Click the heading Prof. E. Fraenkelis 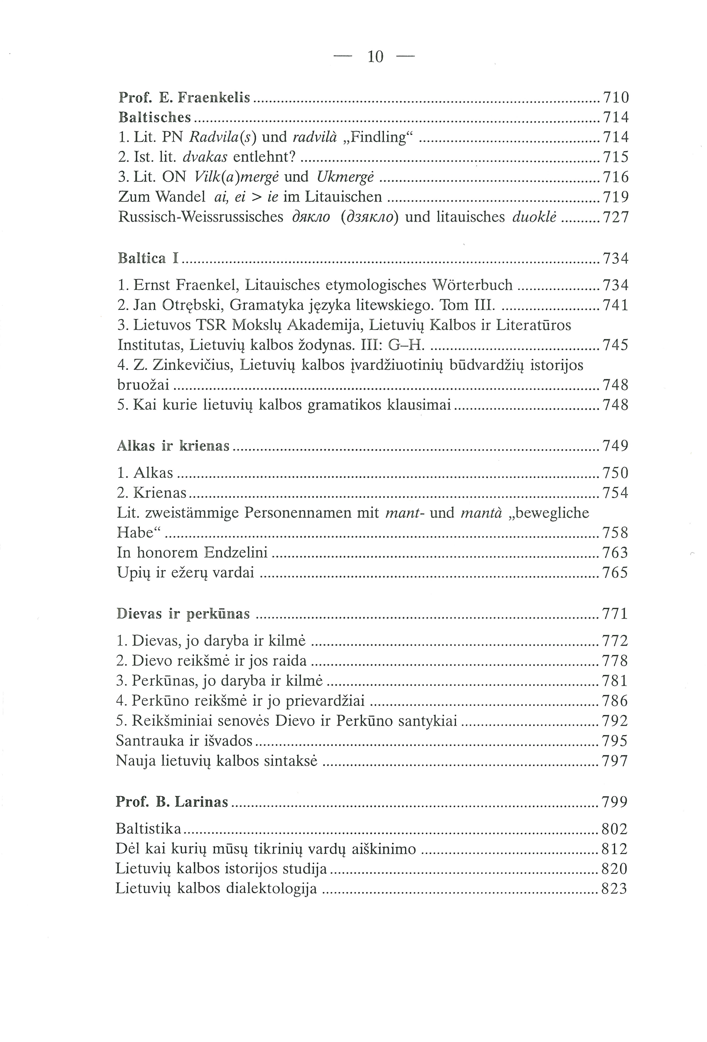coord(184,97)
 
